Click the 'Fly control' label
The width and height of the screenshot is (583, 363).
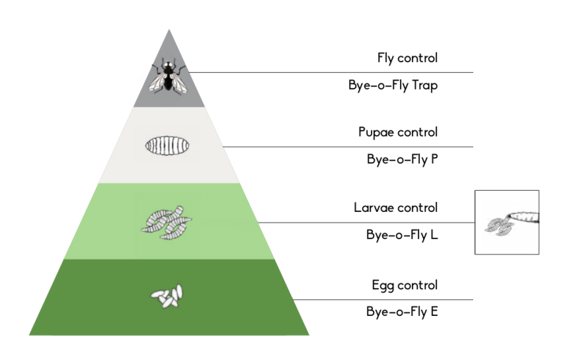pos(407,58)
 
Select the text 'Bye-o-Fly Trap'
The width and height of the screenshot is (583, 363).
pos(393,85)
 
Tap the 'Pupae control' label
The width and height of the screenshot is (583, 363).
pos(398,132)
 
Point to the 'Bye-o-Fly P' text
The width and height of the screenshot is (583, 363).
pos(403,160)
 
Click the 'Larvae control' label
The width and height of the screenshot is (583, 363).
pos(395,207)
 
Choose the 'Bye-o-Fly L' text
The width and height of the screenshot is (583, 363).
pos(402,234)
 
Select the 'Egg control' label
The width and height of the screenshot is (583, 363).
pos(405,285)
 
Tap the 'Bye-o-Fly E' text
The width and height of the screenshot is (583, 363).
pos(402,311)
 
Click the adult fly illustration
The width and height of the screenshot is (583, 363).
pos(168,76)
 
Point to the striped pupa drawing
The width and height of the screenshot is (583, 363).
pos(167,146)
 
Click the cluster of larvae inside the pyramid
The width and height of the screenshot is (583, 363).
pos(167,223)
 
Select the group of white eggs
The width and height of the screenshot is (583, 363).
pos(167,296)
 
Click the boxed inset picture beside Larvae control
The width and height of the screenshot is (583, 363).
pos(507,223)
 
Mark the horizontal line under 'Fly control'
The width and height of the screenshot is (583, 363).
pos(331,72)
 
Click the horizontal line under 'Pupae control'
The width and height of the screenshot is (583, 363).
pos(348,147)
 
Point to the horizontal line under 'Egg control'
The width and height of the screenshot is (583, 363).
pos(383,299)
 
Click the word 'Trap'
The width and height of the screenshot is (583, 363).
pos(424,85)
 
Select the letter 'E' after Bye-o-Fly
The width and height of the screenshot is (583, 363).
pos(434,311)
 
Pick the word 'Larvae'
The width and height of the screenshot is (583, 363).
pos(374,207)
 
